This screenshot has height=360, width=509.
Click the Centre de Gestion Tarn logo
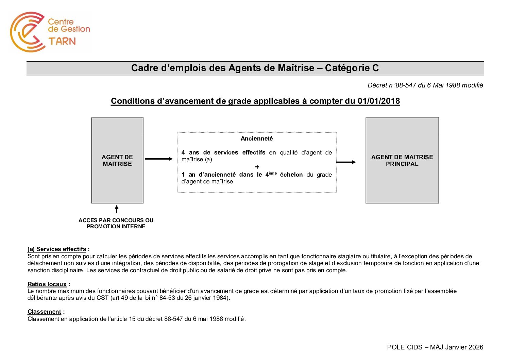point(50,32)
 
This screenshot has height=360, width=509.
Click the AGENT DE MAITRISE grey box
point(117,160)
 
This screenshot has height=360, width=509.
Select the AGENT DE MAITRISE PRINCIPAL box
point(402,160)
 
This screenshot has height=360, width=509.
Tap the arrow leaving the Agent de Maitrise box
point(159,159)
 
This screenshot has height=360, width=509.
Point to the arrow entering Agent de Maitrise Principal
point(346,162)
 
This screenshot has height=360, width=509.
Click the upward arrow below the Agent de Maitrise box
point(117,209)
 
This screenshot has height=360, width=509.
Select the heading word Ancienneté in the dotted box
point(257,138)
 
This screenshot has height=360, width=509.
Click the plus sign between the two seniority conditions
point(257,167)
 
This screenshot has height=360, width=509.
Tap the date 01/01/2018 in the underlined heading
point(378,101)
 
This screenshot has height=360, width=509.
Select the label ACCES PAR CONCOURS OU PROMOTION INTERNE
point(116,223)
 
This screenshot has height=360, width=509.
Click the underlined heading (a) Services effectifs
point(57,249)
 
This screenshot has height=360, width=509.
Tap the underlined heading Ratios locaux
point(47,284)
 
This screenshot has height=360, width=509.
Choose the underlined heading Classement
point(44,312)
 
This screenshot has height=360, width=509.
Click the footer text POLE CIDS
point(405,347)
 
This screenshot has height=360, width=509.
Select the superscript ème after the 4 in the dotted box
point(273,173)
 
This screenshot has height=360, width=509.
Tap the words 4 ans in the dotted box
point(190,152)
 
